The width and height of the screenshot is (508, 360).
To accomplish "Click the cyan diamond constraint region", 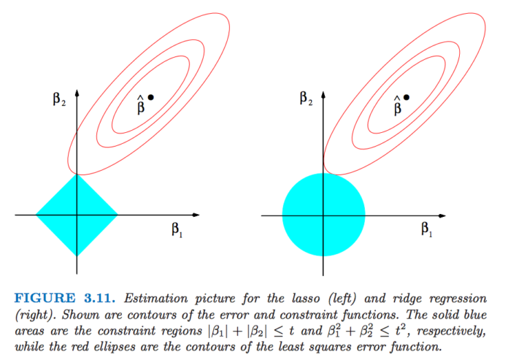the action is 77,215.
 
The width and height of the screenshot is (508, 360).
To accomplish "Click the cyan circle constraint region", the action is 323,215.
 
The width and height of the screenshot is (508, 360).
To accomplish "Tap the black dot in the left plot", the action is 150,97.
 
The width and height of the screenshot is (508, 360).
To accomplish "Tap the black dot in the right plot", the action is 407,97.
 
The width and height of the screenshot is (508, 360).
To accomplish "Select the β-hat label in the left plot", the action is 141,105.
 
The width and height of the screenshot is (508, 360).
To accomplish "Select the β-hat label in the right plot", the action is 397,105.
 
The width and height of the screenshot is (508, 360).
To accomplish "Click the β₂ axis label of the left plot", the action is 59,99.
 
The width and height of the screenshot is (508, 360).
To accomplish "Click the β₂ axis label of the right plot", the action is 306,99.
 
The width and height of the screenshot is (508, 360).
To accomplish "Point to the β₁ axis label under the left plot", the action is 177,230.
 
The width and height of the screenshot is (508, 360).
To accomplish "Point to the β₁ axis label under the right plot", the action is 426,229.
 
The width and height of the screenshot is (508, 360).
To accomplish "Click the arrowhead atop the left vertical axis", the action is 77,93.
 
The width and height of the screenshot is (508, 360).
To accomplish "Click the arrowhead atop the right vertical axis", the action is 323,94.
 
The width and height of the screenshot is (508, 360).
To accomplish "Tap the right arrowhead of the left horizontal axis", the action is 196,215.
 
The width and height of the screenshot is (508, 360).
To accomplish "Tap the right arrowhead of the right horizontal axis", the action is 442,215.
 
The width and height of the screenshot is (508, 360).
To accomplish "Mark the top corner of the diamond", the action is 77,174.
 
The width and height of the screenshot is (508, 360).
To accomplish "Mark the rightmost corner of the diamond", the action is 118,215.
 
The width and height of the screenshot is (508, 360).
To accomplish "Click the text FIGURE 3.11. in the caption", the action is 65,298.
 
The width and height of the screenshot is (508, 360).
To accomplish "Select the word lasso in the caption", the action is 306,298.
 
